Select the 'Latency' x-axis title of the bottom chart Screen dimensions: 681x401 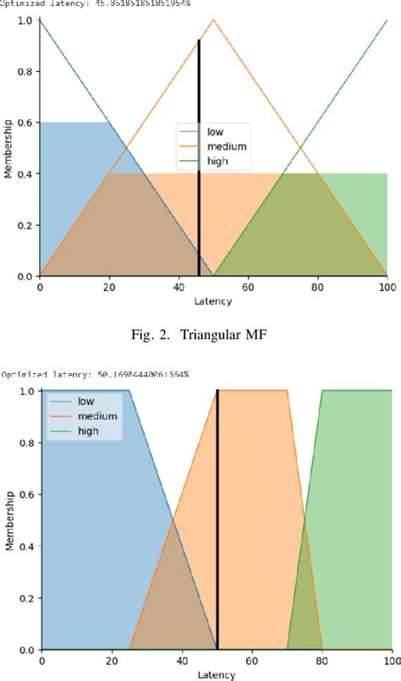[x=216, y=675]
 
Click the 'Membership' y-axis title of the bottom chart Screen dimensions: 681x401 [x=8, y=520]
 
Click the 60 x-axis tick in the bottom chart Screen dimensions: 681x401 [x=251, y=661]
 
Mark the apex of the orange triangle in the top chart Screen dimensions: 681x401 [x=213, y=19]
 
